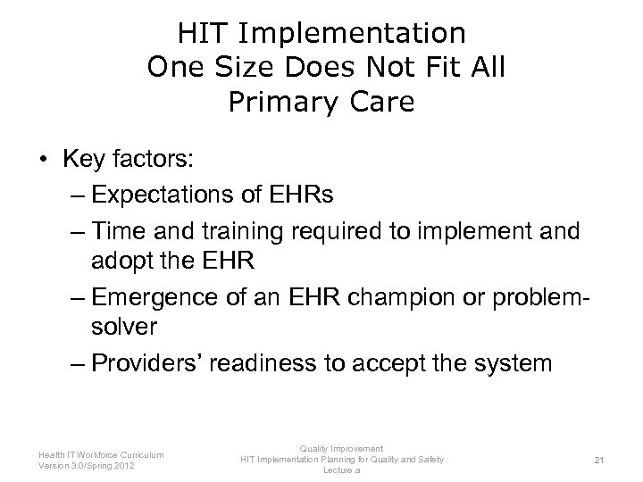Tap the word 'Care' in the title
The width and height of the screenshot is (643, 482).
tap(381, 103)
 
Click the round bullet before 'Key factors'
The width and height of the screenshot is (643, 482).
tap(43, 161)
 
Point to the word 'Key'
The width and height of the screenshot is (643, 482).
tap(83, 161)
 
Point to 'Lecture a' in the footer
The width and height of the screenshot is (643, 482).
tap(341, 470)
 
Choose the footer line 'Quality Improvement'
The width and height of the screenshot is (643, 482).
tap(341, 448)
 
